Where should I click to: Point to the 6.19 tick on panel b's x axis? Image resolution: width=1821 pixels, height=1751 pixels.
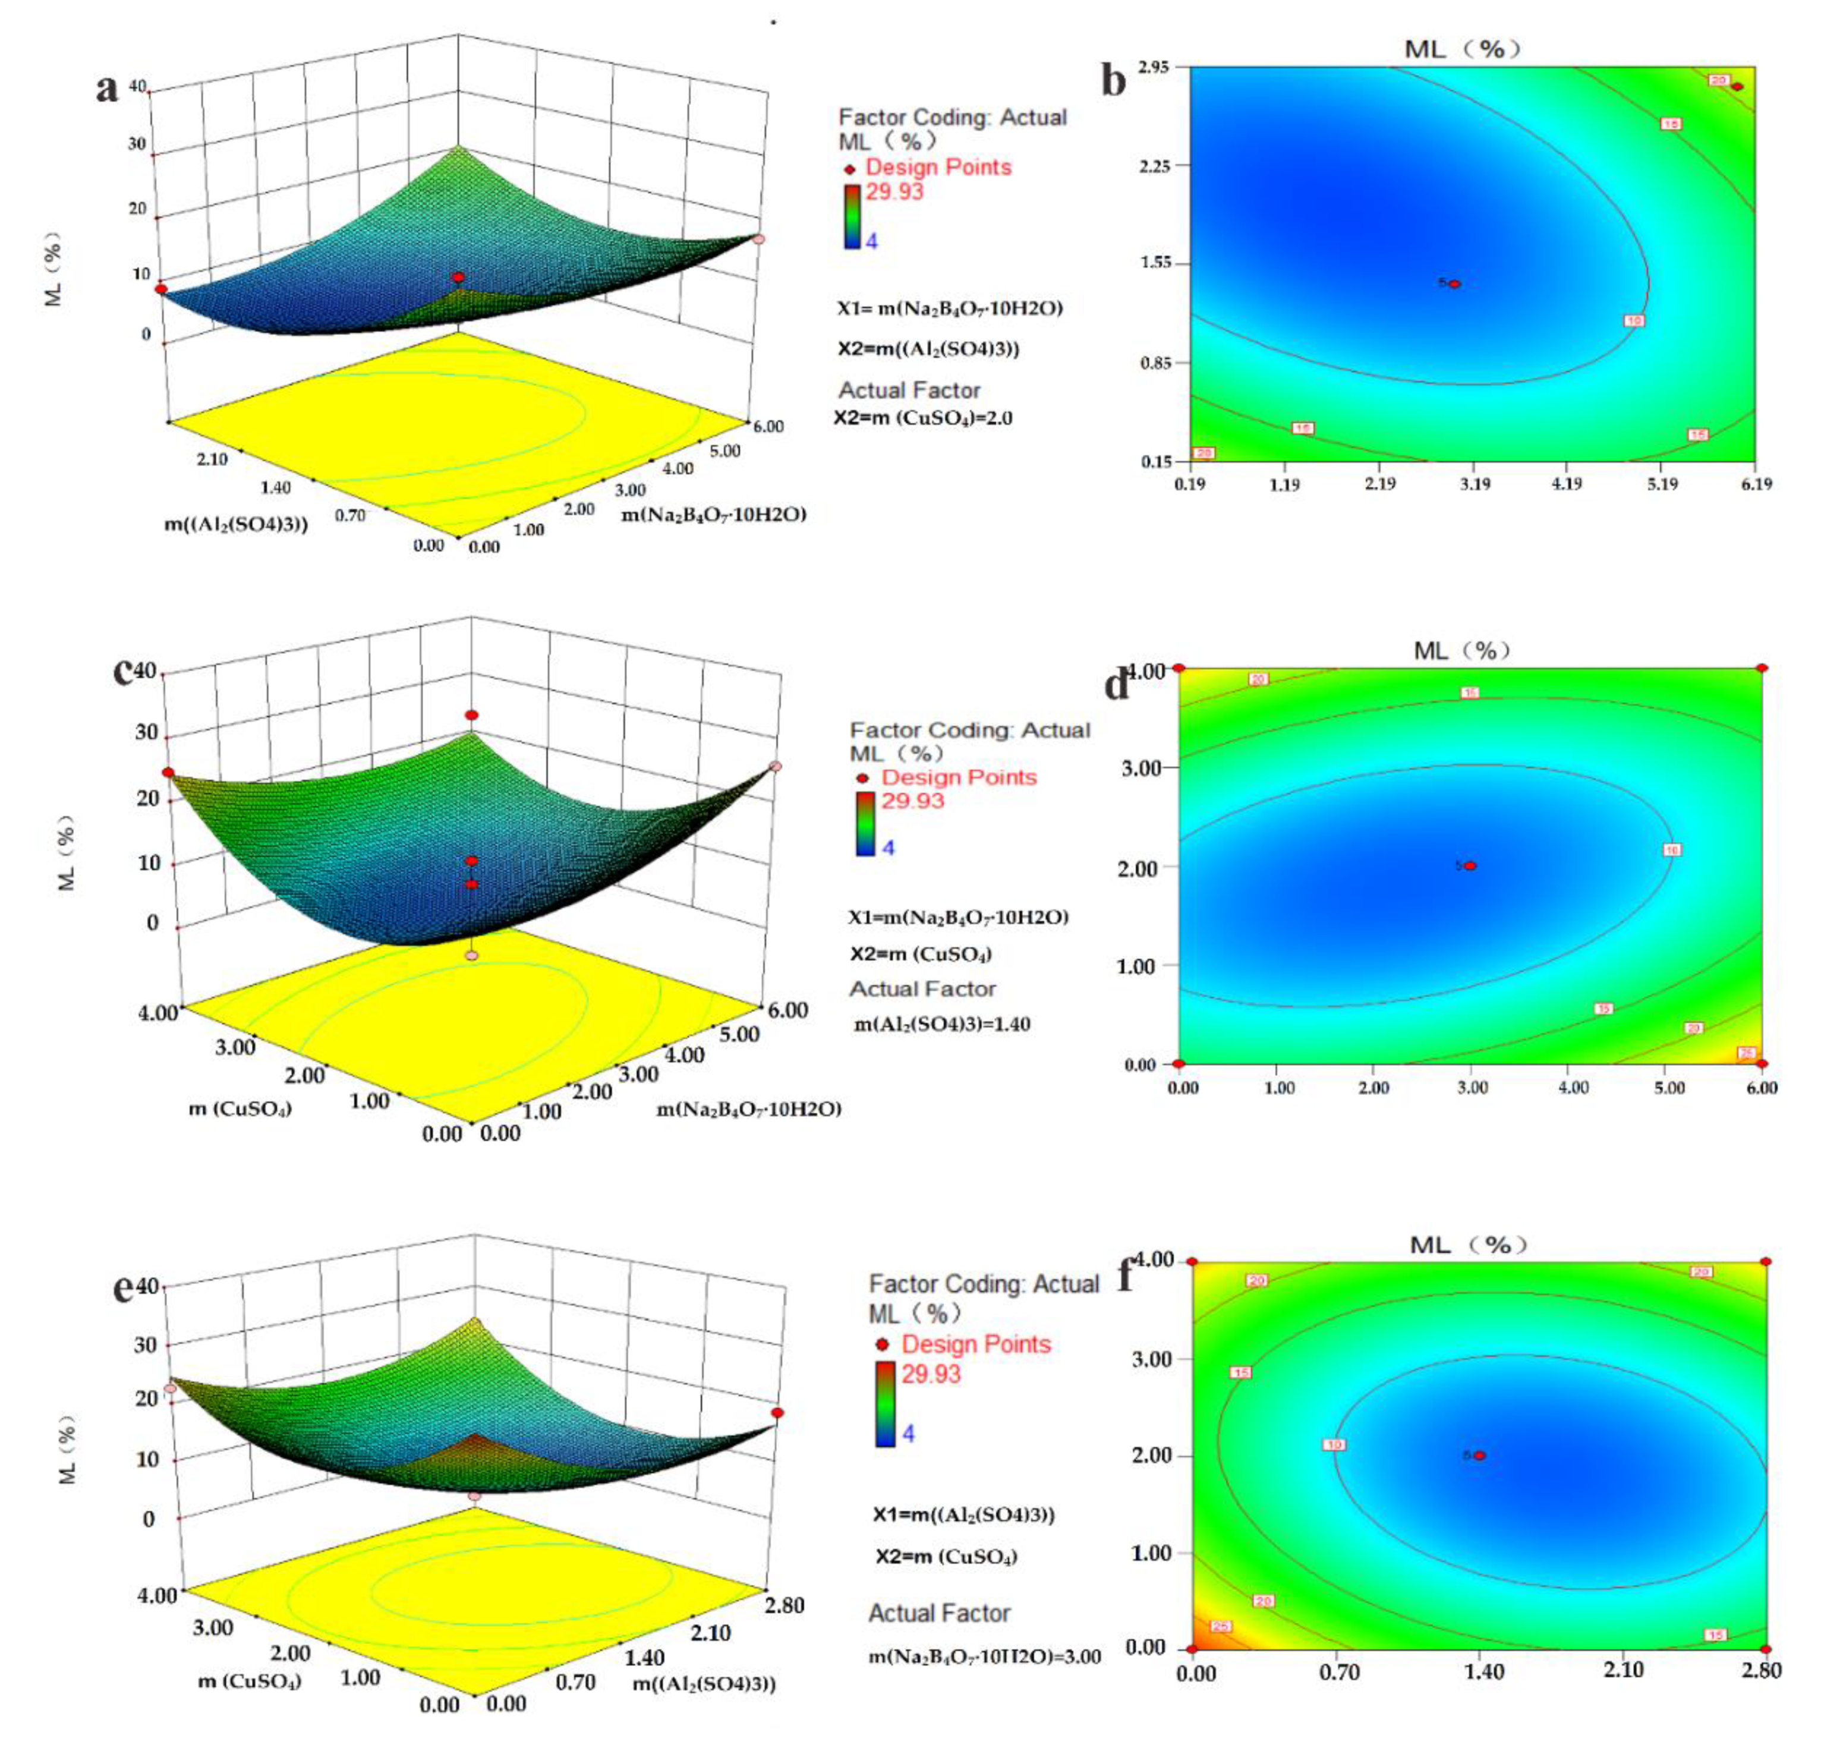(x=1755, y=483)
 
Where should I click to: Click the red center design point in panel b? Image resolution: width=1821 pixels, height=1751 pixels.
(x=1455, y=284)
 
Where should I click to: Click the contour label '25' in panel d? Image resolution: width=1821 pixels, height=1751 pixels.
(x=1747, y=1053)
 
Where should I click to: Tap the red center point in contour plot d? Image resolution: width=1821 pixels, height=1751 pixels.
(x=1471, y=866)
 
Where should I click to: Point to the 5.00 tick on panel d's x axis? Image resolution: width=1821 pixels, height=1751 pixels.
(x=1669, y=1088)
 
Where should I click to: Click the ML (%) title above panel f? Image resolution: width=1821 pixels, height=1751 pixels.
(x=1468, y=1245)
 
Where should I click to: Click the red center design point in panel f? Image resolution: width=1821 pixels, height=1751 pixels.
(x=1479, y=1456)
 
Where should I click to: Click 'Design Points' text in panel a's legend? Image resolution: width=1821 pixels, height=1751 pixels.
(x=938, y=167)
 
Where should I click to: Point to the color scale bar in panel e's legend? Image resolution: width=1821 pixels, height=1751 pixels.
(x=884, y=1403)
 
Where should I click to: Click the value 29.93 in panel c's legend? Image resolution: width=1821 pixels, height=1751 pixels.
(x=912, y=801)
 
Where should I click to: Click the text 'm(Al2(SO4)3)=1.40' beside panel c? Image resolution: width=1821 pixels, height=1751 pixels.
(x=942, y=1025)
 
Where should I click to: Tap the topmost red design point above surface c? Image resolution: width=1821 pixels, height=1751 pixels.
(x=472, y=714)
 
